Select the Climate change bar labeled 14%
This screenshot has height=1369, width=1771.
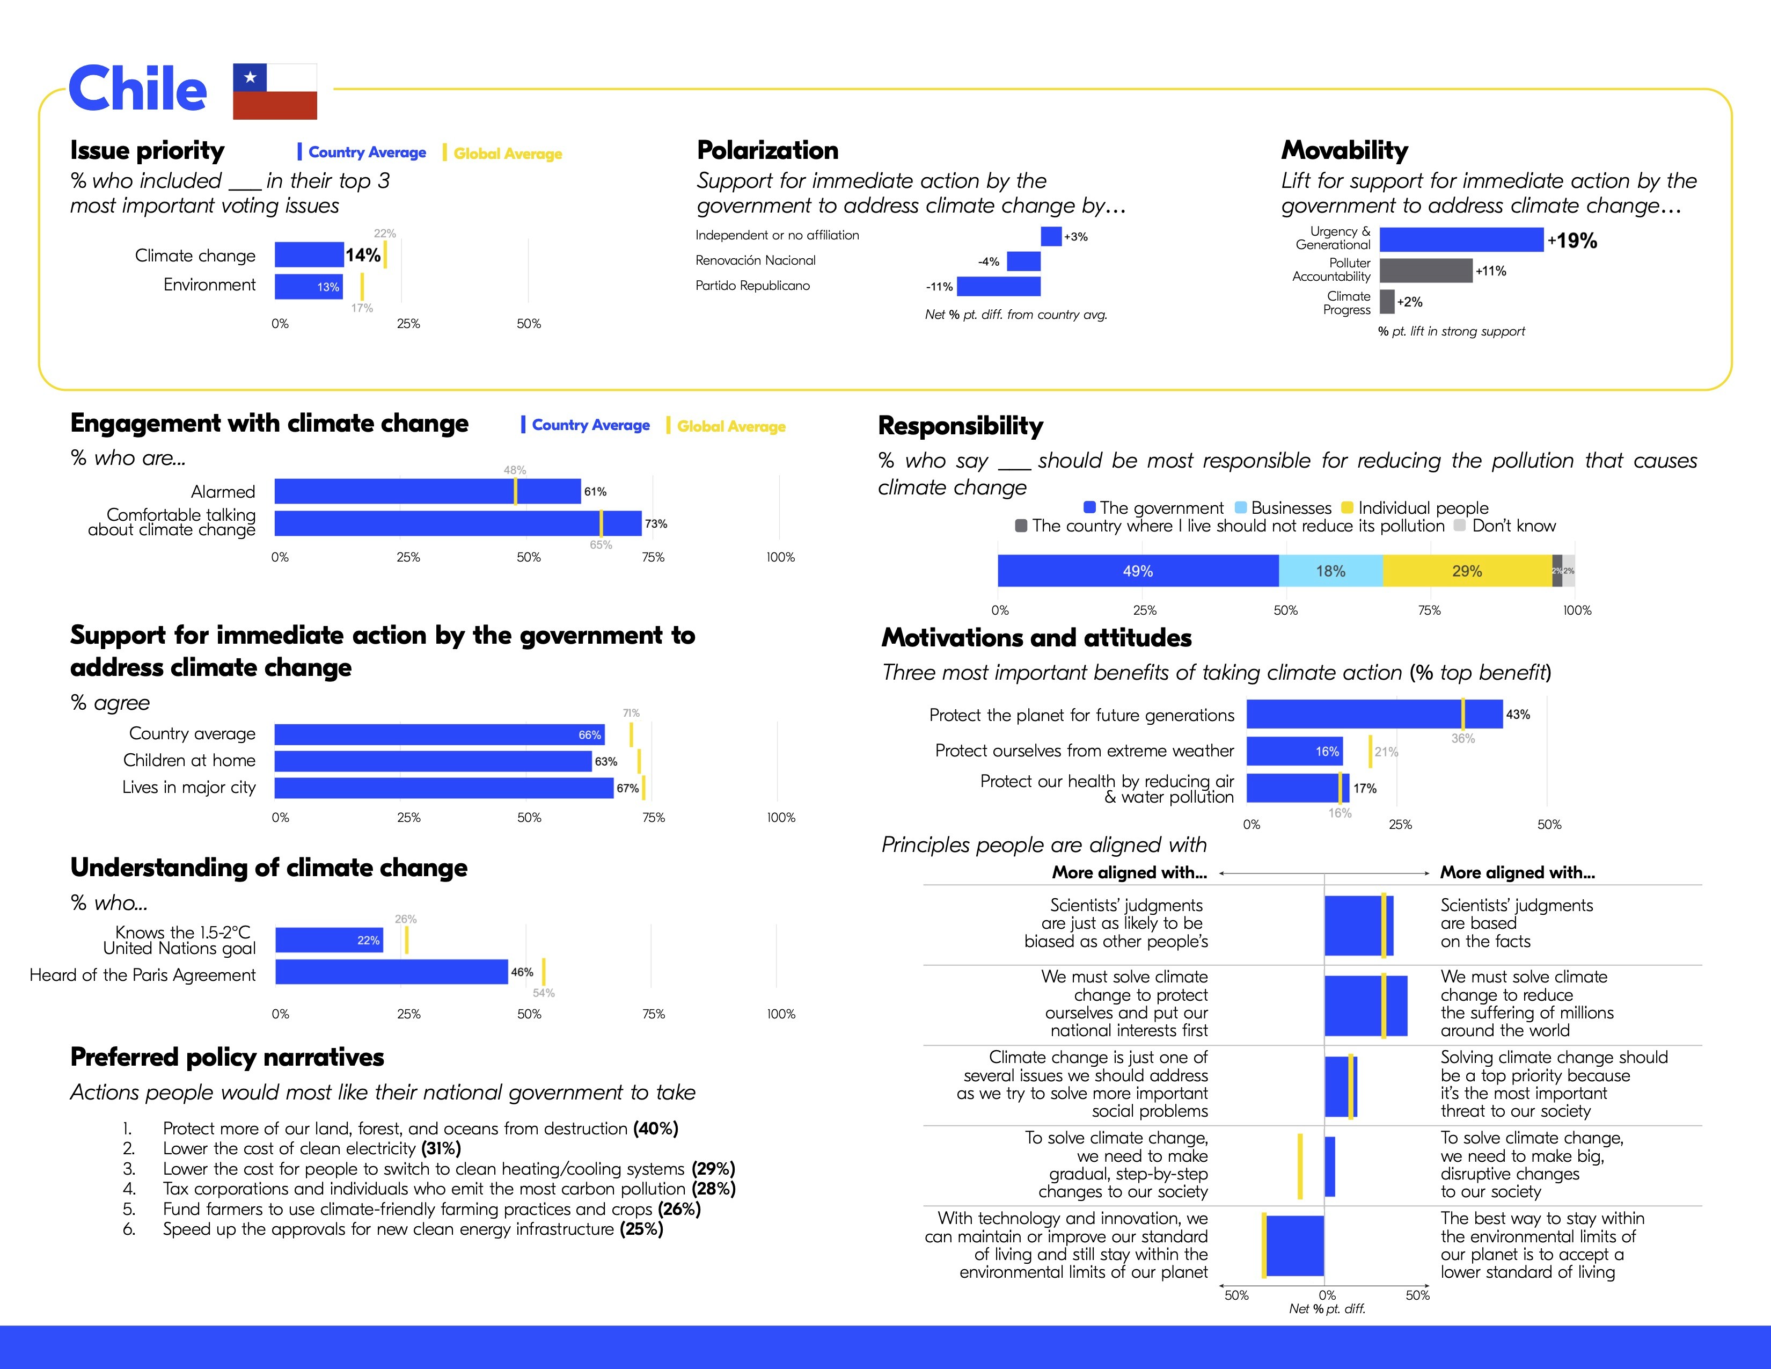pyautogui.click(x=309, y=254)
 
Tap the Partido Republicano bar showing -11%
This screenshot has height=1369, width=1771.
pyautogui.click(x=998, y=286)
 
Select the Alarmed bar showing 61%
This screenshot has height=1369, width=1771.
pyautogui.click(x=427, y=491)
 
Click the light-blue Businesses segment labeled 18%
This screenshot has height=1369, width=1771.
pyautogui.click(x=1330, y=571)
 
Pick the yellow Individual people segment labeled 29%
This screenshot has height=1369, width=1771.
pyautogui.click(x=1467, y=571)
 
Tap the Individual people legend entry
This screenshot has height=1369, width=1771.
pyautogui.click(x=1414, y=508)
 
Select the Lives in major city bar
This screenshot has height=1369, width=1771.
pyautogui.click(x=444, y=788)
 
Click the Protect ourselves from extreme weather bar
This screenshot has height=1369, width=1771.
pyautogui.click(x=1294, y=751)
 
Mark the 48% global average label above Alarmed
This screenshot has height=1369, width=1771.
pyautogui.click(x=515, y=470)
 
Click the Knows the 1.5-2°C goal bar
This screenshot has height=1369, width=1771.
pyautogui.click(x=329, y=940)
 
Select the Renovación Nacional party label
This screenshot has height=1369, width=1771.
pyautogui.click(x=755, y=260)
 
